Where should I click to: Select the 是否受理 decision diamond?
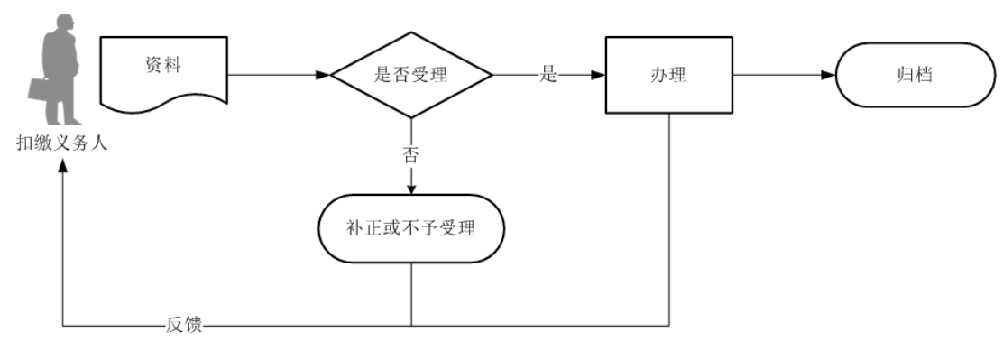(411, 75)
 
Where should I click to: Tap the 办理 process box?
(668, 76)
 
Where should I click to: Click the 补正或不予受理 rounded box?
(411, 227)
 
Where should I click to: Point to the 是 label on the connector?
(548, 76)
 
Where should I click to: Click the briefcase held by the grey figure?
(41, 89)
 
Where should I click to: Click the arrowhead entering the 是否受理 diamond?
(324, 76)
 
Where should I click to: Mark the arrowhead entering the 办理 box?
(598, 76)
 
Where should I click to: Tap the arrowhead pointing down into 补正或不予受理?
(411, 189)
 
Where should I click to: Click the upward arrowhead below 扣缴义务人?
(62, 167)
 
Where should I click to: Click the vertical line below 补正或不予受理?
(411, 293)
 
